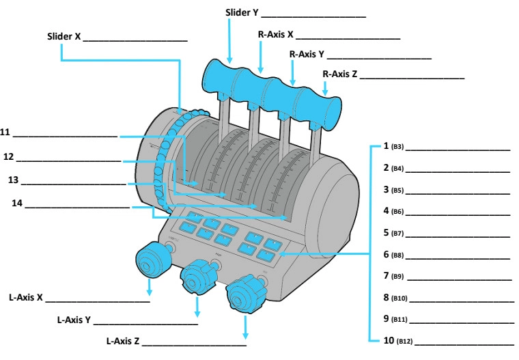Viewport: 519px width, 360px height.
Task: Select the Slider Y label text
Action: click(x=242, y=13)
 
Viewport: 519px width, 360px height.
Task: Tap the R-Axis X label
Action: click(x=275, y=33)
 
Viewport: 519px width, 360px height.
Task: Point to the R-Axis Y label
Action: click(x=307, y=54)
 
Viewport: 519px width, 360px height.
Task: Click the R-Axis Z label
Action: click(x=339, y=74)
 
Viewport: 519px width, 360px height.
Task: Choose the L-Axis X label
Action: click(x=26, y=298)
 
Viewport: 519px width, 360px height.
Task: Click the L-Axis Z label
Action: click(x=123, y=340)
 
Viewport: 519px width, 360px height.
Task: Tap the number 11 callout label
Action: click(x=5, y=133)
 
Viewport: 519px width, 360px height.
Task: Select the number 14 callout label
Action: click(x=16, y=203)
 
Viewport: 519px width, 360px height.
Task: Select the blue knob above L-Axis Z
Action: click(x=243, y=296)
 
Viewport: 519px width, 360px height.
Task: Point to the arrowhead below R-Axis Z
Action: click(x=325, y=91)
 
